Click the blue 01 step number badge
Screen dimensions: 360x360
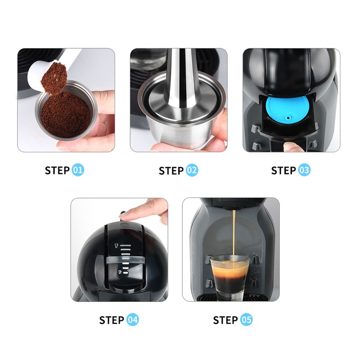(78, 170)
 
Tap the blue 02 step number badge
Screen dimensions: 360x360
(192, 171)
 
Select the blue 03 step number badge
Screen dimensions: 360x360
(304, 171)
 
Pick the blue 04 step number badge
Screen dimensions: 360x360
(132, 320)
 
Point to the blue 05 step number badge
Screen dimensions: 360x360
(246, 320)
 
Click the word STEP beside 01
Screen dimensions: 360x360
(57, 171)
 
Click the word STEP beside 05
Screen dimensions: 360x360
(225, 320)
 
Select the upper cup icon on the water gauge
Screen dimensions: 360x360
(116, 246)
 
